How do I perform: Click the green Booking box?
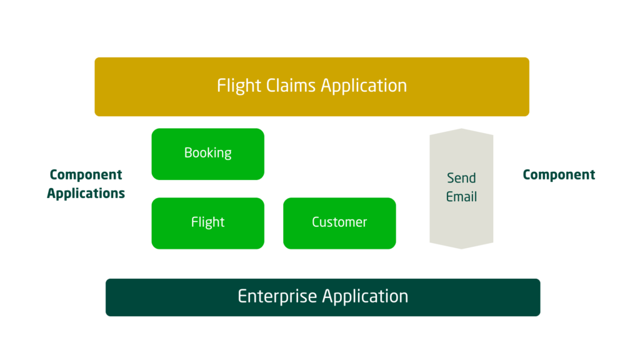point(207,154)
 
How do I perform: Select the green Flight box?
point(207,223)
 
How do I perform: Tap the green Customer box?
point(339,223)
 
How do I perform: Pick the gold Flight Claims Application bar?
point(311,86)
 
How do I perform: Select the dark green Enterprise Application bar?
point(322,297)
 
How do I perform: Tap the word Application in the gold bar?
point(364,86)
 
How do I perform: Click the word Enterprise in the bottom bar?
point(278,296)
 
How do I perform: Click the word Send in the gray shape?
point(461,178)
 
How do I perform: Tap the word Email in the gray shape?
point(461,197)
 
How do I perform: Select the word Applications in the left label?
point(86,194)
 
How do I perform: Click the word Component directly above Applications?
point(86,175)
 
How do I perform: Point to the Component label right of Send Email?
point(559,175)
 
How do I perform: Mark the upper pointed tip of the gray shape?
point(461,130)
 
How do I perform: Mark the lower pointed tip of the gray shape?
point(461,247)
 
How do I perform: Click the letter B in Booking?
point(188,153)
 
